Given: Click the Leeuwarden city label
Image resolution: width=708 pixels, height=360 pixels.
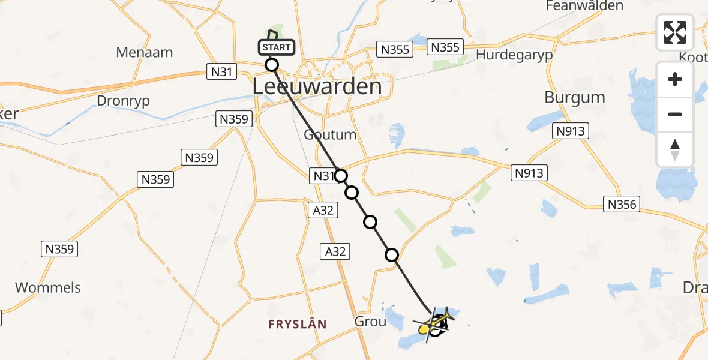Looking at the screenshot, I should pyautogui.click(x=317, y=86).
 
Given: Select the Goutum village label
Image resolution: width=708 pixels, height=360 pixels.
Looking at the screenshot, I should pyautogui.click(x=330, y=134).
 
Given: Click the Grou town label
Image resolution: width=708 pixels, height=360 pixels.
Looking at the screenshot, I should pyautogui.click(x=370, y=321).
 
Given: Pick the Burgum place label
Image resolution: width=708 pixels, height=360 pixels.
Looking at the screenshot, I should pyautogui.click(x=574, y=97).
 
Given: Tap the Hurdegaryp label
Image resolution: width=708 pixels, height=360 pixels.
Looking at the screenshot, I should pyautogui.click(x=514, y=55).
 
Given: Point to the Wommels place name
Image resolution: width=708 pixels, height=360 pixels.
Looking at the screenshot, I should pyautogui.click(x=48, y=287).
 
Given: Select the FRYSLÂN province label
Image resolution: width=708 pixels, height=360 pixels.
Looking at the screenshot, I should pyautogui.click(x=298, y=324).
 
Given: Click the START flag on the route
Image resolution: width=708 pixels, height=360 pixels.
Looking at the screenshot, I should pyautogui.click(x=276, y=47).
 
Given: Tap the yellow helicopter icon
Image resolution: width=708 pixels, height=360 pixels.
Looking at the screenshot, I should pyautogui.click(x=430, y=326).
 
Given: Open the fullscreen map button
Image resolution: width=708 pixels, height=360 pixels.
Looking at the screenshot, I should pyautogui.click(x=675, y=32).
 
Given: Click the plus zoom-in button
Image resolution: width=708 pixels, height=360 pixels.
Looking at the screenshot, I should pyautogui.click(x=675, y=79).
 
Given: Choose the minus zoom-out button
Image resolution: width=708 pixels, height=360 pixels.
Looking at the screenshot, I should pyautogui.click(x=675, y=114).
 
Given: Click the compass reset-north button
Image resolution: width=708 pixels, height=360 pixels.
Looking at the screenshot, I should pyautogui.click(x=675, y=149).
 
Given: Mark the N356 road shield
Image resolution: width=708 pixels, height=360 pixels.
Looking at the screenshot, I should pyautogui.click(x=621, y=205).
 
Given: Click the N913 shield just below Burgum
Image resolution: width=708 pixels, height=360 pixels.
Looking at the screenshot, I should pyautogui.click(x=570, y=130).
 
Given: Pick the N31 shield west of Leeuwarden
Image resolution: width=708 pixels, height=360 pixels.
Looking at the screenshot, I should pyautogui.click(x=221, y=72).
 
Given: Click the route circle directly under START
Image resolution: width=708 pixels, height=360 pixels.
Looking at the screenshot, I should pyautogui.click(x=272, y=64).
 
